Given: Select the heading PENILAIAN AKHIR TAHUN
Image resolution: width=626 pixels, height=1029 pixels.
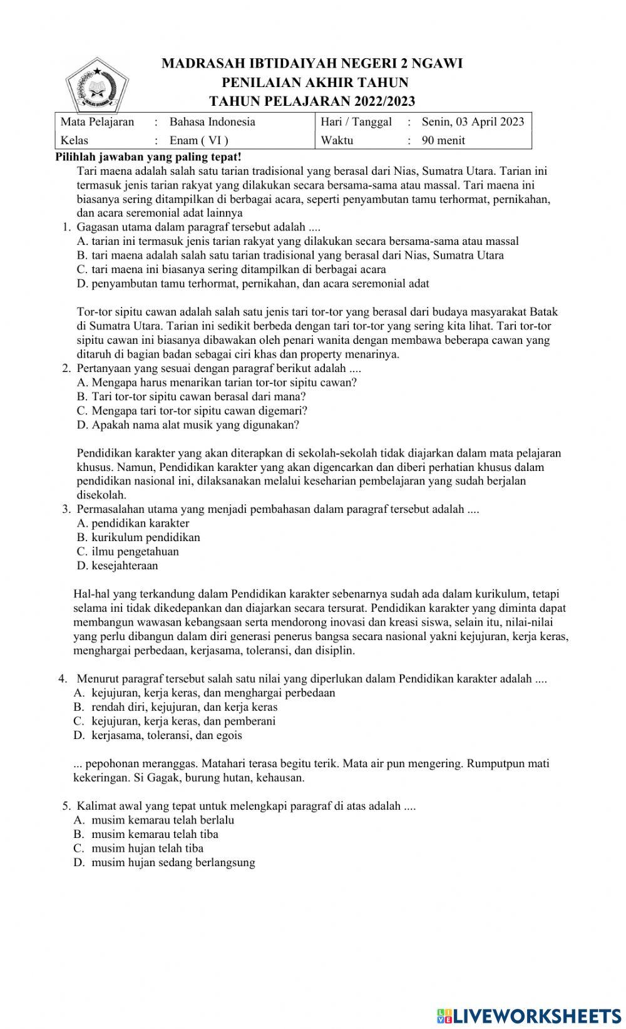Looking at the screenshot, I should (315, 83).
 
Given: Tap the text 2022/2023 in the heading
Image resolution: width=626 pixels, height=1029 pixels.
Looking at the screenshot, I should (384, 101).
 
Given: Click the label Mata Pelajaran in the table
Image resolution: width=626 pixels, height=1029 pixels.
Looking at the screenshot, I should (97, 122).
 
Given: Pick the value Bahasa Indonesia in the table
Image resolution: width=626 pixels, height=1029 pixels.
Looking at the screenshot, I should (212, 122).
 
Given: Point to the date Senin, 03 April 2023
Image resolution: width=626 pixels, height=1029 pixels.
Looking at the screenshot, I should (473, 122).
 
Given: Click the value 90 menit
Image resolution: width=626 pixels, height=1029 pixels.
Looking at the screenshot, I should (443, 140).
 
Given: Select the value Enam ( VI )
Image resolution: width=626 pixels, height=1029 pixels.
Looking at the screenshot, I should (198, 140).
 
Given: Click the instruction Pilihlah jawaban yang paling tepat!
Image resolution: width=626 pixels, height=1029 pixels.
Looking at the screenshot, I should (148, 156).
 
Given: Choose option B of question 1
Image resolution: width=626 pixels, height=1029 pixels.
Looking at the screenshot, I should (290, 255).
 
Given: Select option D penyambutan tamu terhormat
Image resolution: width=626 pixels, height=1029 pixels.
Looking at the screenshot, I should (253, 283).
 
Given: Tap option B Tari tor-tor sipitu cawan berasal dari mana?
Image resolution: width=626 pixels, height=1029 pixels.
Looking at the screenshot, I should (192, 396).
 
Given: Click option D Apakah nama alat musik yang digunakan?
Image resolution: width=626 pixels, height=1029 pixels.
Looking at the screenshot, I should (188, 425).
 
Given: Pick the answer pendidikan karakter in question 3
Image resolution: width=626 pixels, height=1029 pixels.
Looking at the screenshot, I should (133, 523).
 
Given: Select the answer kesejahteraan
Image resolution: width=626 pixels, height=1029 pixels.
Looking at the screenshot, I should (117, 566).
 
